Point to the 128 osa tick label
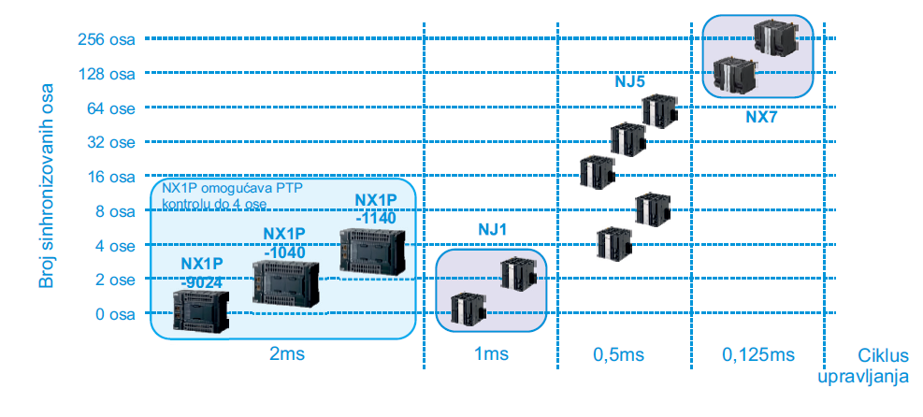point(108,73)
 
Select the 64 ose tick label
point(110,108)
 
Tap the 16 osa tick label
point(110,177)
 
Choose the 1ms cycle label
point(490,354)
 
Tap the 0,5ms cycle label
point(618,354)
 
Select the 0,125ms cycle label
point(757,354)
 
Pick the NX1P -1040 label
point(284,242)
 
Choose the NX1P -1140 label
point(376,209)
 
